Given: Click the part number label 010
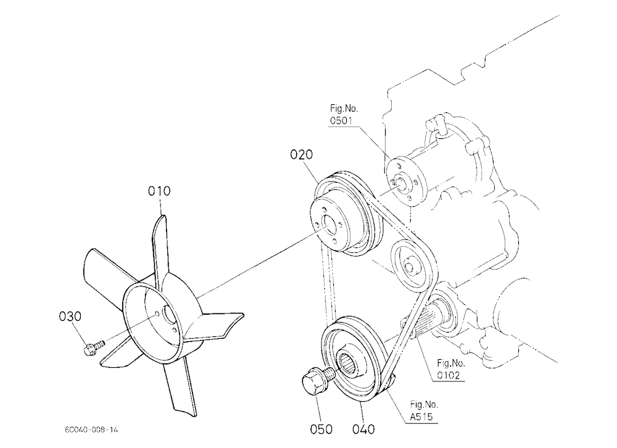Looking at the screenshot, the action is point(159,191).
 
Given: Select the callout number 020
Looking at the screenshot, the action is point(302,155).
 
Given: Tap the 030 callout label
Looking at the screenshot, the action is point(70,317).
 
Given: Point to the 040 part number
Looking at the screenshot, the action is point(363,429).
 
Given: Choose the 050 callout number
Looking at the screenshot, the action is point(321,429).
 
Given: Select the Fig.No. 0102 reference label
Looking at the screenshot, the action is point(450,369).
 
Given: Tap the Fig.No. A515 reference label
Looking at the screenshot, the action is point(424,410).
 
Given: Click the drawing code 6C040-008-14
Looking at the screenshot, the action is point(91,429).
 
